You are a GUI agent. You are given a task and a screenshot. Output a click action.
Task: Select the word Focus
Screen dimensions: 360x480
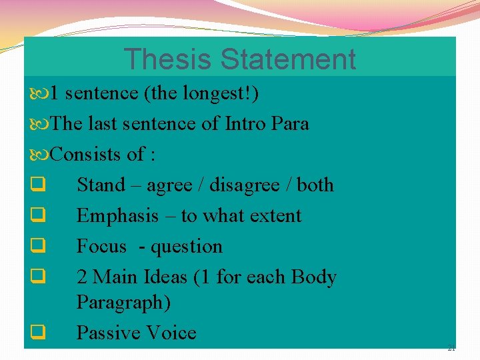[101, 246]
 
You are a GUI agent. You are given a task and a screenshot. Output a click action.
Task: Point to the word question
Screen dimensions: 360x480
[187, 247]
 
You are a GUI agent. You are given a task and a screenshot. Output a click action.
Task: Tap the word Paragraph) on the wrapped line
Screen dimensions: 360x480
[124, 303]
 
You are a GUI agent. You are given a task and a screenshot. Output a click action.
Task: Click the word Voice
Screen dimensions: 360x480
[175, 333]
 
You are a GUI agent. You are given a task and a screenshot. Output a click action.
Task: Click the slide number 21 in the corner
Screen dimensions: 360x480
[451, 348]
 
